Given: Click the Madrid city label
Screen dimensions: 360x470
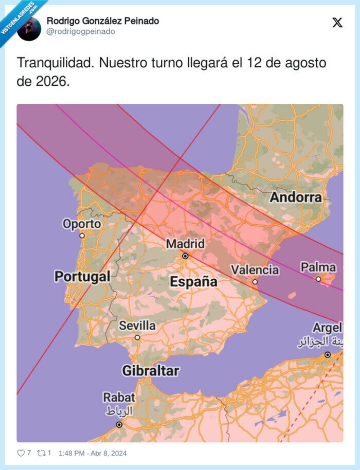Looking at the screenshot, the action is pyautogui.click(x=185, y=243).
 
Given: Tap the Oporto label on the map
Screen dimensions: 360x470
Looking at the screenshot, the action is pyautogui.click(x=82, y=224).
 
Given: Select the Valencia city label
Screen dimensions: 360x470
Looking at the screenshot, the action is pyautogui.click(x=255, y=269).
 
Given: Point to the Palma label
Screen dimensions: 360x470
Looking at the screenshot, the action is pyautogui.click(x=318, y=267).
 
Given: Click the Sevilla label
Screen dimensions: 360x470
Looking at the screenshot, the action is pyautogui.click(x=137, y=325).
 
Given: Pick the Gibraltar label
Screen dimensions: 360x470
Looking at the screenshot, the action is pyautogui.click(x=150, y=370).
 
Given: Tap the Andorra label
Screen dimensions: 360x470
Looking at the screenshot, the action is pyautogui.click(x=296, y=197).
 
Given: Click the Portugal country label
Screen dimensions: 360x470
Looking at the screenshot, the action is pyautogui.click(x=82, y=276).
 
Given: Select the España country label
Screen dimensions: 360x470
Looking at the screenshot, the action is pyautogui.click(x=193, y=281).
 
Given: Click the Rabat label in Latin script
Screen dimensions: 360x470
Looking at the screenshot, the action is pyautogui.click(x=119, y=397).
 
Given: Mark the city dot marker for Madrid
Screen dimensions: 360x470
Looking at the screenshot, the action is pyautogui.click(x=185, y=256).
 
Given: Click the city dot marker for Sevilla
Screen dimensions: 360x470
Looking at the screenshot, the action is pyautogui.click(x=137, y=337).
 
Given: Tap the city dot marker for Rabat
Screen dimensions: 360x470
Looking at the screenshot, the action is pyautogui.click(x=119, y=424).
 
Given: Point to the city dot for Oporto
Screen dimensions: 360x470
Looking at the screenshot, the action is pyautogui.click(x=82, y=236).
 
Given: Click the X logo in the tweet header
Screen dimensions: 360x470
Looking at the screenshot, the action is pyautogui.click(x=337, y=23).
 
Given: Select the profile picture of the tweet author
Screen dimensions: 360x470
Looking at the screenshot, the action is pyautogui.click(x=29, y=28).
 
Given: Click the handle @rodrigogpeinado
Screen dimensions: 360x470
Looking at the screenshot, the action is pyautogui.click(x=81, y=32).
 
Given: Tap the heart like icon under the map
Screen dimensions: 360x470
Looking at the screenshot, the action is pyautogui.click(x=21, y=453).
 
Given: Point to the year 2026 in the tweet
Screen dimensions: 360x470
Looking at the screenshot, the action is pyautogui.click(x=50, y=81).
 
